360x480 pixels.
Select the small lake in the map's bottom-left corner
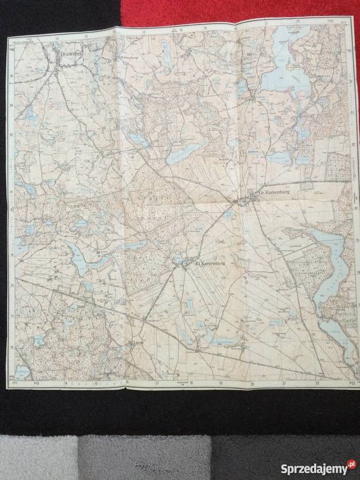[22, 371]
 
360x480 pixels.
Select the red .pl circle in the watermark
[350, 465]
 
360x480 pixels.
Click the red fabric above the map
[240, 11]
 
